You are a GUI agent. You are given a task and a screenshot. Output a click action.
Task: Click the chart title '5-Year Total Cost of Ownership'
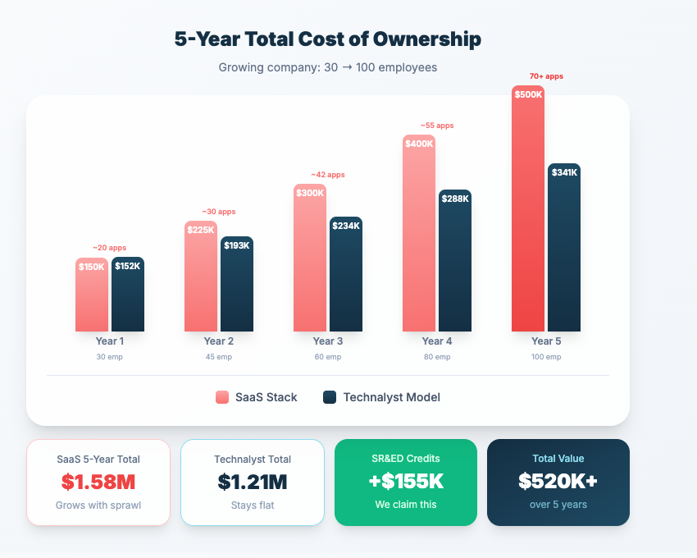click(327, 39)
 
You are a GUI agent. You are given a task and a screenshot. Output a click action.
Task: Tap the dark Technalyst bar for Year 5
click(563, 254)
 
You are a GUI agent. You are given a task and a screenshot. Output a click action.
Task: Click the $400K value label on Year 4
click(418, 144)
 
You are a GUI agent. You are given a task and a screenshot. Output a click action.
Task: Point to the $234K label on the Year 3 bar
click(345, 226)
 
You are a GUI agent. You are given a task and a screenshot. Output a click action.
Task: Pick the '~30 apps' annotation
click(218, 212)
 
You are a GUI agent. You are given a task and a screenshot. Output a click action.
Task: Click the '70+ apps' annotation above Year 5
click(546, 76)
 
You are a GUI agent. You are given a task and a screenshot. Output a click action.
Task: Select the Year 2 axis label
click(219, 341)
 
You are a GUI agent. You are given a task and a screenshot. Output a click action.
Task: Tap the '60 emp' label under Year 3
click(327, 357)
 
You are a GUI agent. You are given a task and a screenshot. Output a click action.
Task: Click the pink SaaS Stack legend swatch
click(222, 397)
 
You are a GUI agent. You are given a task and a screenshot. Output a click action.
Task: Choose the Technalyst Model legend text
click(391, 397)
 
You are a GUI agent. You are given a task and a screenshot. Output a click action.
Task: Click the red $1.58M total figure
click(98, 482)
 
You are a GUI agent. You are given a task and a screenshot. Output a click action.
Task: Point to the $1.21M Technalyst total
click(253, 482)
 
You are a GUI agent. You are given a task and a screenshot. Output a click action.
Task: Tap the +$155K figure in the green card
click(405, 482)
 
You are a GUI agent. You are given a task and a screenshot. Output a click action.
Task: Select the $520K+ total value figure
click(558, 482)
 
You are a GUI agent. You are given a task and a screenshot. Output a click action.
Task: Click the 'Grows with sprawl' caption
click(98, 505)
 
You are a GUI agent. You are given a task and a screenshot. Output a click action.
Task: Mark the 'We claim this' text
click(405, 505)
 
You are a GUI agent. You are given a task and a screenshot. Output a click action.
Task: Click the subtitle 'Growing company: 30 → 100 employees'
click(327, 67)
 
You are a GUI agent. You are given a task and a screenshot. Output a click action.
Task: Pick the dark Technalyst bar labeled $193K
click(237, 287)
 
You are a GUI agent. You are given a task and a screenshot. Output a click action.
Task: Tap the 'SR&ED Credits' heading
click(405, 459)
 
